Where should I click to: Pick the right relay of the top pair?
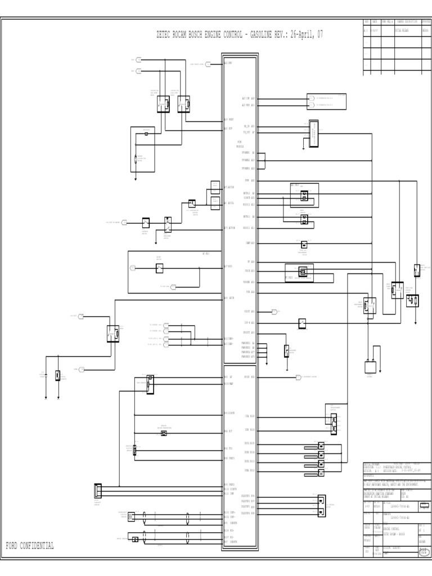[x=183, y=102]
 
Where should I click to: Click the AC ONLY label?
[x=205, y=254]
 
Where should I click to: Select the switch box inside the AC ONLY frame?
[x=160, y=268]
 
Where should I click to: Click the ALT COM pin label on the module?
[x=248, y=98]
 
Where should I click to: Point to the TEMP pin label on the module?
[x=250, y=243]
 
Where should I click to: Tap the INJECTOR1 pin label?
[x=248, y=496]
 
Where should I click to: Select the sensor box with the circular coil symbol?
[x=130, y=515]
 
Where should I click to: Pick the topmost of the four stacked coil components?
[x=321, y=445]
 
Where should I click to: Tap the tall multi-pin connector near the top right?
[x=313, y=133]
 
